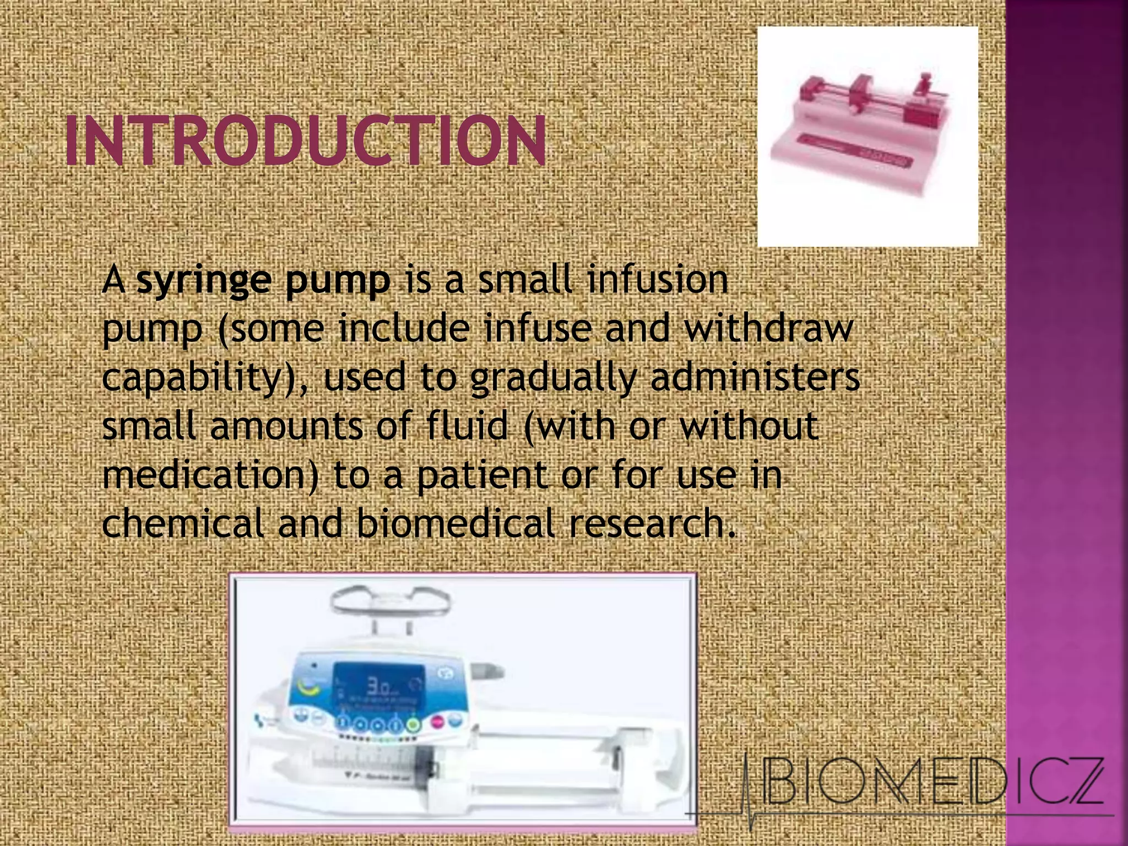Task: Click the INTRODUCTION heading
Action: [306, 140]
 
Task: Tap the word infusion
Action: [658, 280]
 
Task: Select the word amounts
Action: [286, 426]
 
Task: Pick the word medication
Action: [210, 475]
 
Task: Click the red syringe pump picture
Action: [867, 136]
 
